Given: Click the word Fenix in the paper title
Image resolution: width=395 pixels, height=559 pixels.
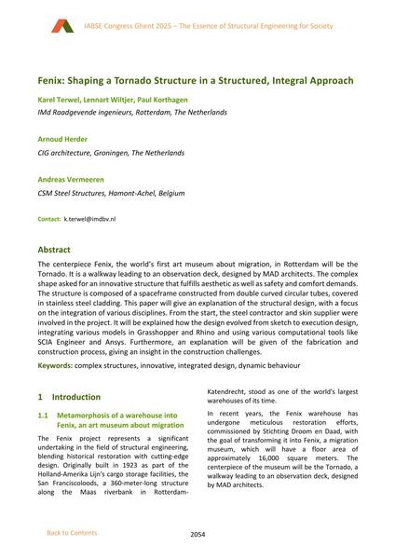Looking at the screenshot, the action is tap(50, 81).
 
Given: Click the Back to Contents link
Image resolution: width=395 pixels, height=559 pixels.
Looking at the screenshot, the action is tap(71, 533).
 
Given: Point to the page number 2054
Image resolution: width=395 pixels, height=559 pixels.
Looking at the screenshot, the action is tap(197, 534).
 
